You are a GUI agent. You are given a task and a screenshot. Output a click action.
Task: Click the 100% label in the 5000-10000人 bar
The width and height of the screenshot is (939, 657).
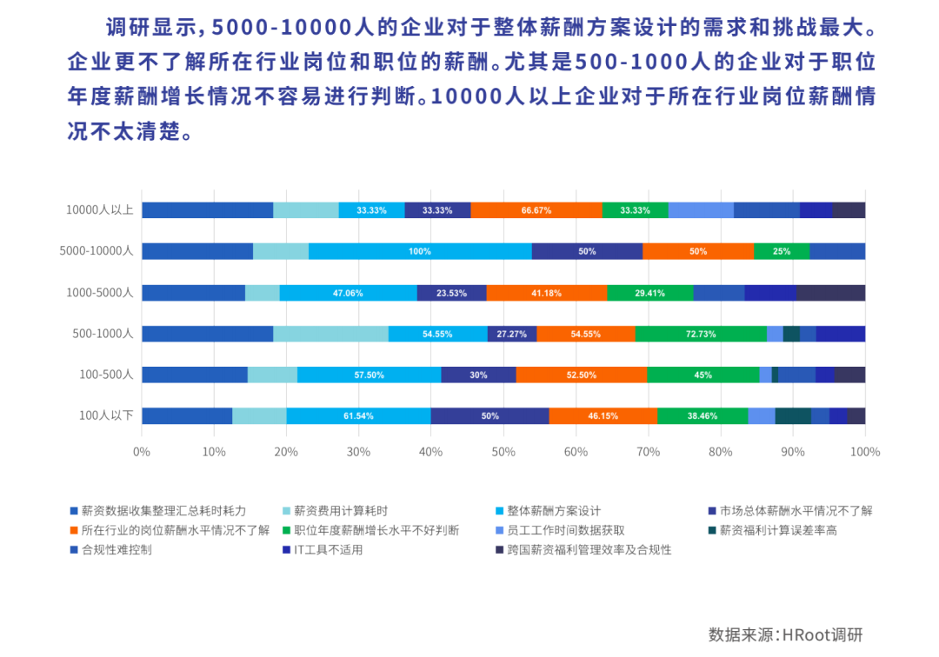(420, 251)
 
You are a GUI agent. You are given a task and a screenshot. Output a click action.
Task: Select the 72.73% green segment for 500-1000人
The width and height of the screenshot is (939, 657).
(701, 334)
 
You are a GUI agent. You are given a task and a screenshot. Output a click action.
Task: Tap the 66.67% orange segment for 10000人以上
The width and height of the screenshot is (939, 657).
(536, 210)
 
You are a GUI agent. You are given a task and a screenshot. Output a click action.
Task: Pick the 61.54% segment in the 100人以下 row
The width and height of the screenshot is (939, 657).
(358, 416)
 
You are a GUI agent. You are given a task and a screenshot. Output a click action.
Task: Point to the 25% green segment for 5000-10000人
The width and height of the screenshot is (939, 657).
(782, 251)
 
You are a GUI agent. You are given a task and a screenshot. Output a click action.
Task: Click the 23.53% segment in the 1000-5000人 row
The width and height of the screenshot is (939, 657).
(451, 293)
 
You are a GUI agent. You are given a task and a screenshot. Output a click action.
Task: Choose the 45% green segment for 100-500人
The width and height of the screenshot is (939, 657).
(703, 375)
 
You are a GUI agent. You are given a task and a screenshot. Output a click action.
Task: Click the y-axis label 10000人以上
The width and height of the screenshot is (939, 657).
(99, 209)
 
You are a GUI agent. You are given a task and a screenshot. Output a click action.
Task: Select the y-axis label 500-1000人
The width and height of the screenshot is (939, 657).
(103, 334)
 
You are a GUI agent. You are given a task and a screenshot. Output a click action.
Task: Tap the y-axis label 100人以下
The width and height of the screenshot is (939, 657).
(106, 415)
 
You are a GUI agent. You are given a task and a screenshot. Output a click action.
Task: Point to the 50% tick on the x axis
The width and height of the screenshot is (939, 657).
(503, 452)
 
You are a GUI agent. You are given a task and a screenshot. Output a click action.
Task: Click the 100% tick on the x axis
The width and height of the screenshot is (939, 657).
(865, 452)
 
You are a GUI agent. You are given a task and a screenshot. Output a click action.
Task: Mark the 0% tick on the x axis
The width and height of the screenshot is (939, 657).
(142, 452)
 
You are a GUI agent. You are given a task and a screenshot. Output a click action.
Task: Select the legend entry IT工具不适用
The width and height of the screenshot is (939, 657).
(328, 550)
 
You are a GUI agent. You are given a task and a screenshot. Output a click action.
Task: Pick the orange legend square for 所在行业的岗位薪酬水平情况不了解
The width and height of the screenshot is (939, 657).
(75, 530)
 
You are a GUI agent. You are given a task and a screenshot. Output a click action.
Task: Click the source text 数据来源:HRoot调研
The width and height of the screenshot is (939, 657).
(785, 634)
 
